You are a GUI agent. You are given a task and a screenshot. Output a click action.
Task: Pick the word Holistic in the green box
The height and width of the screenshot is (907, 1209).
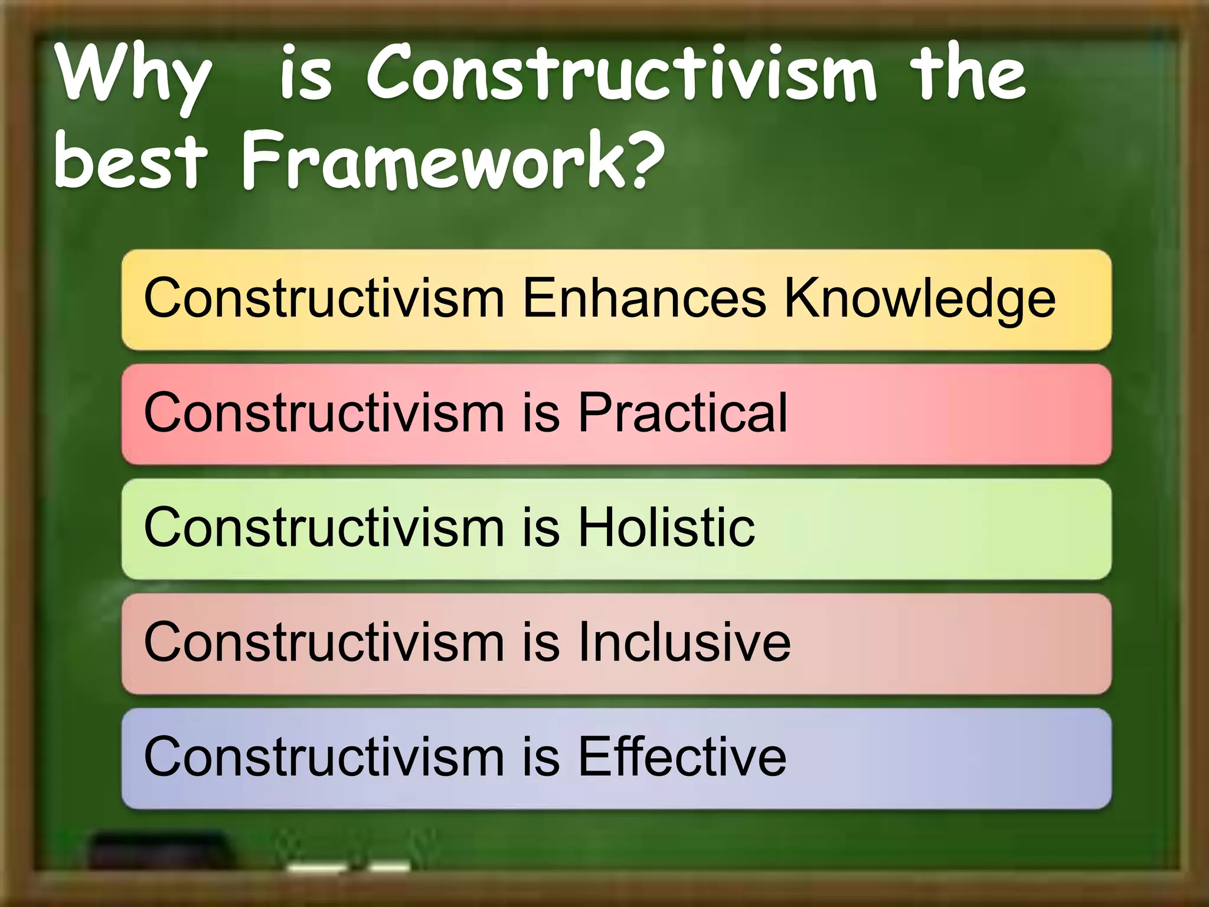pos(666,527)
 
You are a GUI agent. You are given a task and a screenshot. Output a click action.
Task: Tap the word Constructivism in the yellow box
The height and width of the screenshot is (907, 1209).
pos(324,298)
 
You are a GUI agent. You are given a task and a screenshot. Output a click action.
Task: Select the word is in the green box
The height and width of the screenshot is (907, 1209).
pos(541,527)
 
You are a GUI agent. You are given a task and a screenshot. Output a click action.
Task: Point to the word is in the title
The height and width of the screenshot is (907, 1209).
pos(306,77)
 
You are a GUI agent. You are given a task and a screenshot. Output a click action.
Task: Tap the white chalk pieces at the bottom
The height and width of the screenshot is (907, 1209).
pos(348,867)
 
